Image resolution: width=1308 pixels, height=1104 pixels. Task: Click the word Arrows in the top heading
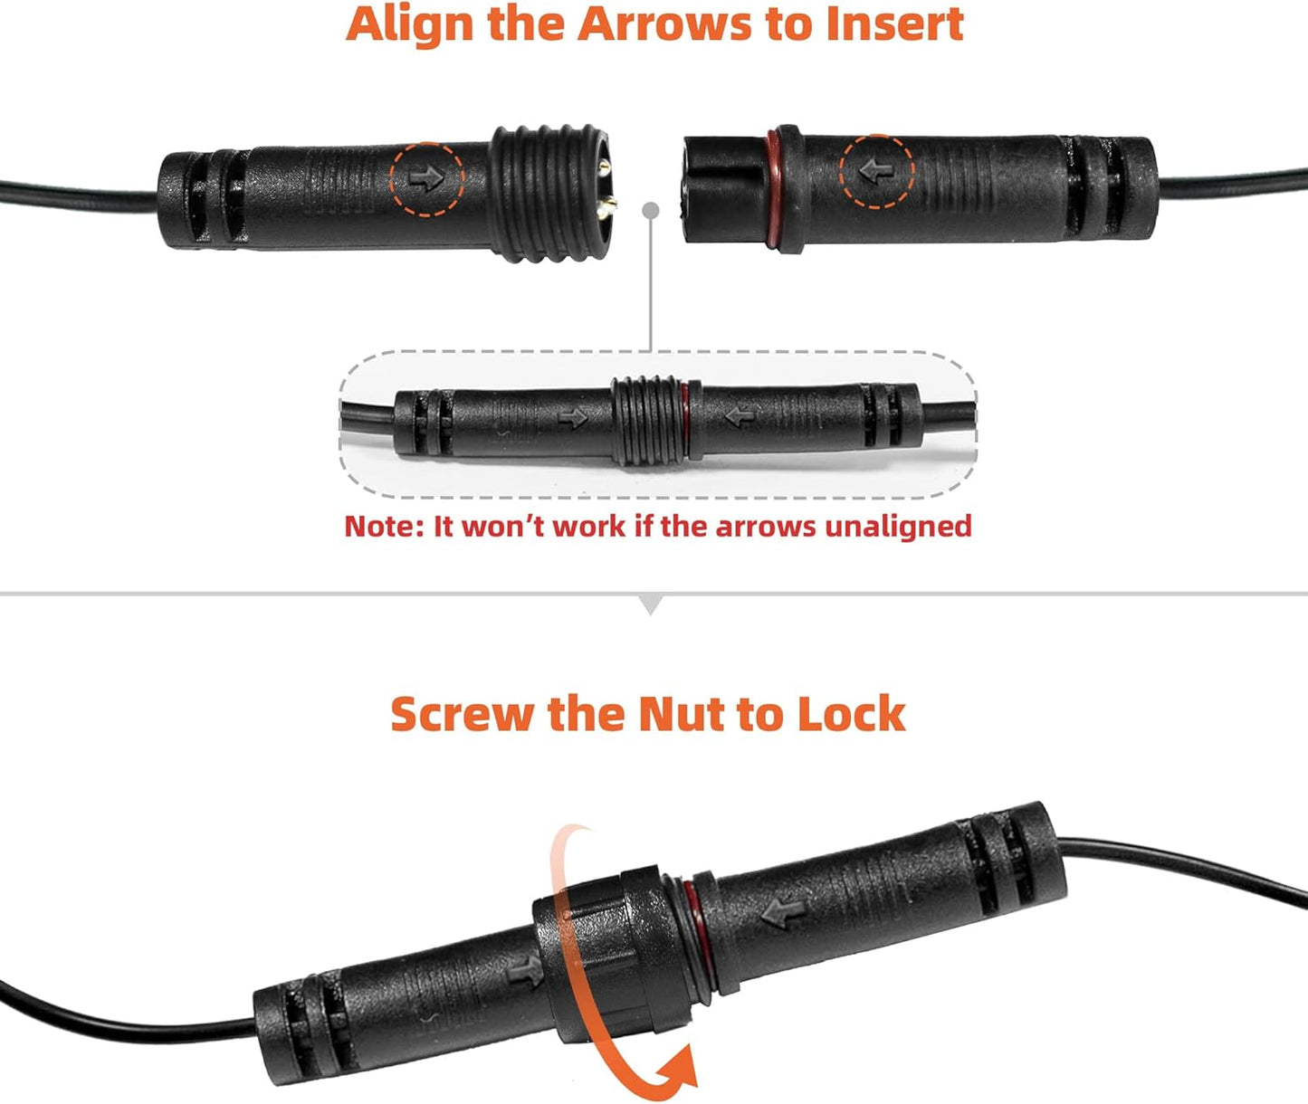(665, 24)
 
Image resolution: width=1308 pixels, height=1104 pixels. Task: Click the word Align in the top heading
(412, 24)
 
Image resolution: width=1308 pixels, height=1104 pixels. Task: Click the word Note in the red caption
(380, 527)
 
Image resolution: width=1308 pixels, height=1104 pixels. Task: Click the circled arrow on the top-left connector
(426, 177)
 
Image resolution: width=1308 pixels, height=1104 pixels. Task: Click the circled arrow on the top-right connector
(876, 170)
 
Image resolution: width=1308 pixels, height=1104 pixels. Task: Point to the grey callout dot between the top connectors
(650, 210)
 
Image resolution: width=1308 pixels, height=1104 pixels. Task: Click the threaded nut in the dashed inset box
(645, 421)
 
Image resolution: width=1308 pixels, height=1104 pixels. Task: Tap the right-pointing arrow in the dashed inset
(573, 417)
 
